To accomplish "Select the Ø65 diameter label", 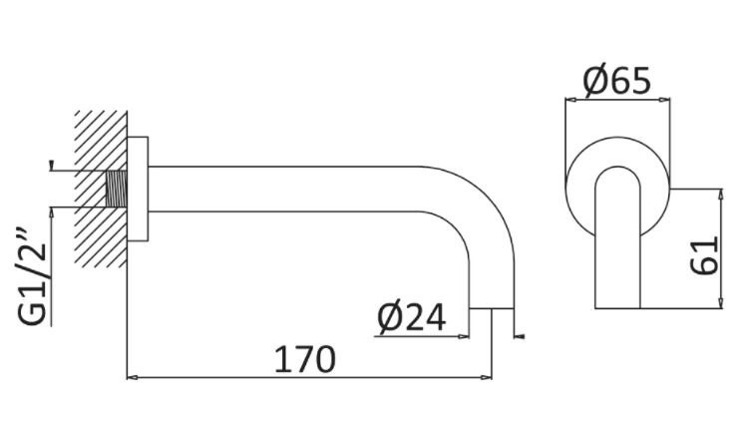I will coord(617,80).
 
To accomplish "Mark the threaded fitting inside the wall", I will coord(117,189).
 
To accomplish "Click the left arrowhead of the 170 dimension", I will coord(131,378).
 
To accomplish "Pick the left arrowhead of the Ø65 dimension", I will coord(570,99).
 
